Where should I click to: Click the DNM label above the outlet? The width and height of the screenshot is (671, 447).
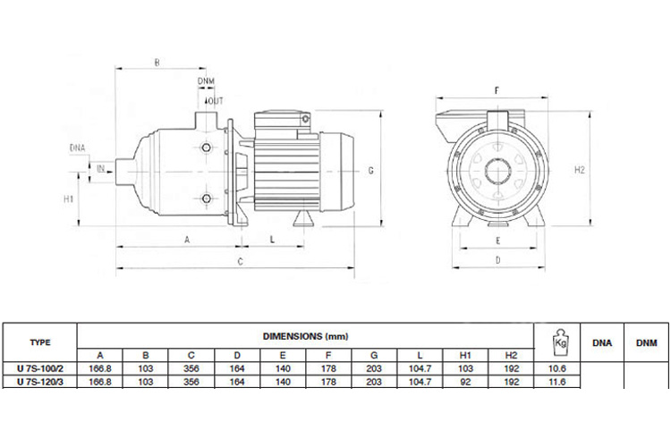[x=207, y=81]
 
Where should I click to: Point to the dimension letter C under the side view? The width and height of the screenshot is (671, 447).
[x=240, y=261]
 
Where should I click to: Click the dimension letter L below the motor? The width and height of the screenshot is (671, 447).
[x=271, y=240]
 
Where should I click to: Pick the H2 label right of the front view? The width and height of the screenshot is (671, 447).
[x=579, y=169]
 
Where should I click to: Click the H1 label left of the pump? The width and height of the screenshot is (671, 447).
[x=68, y=198]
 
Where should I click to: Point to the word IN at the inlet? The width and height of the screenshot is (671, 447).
[x=100, y=167]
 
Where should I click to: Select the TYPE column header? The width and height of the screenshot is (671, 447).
[x=40, y=342]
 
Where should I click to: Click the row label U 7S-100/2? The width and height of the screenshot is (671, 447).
[x=40, y=368]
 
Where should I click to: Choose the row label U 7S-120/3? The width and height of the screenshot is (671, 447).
[x=40, y=383]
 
